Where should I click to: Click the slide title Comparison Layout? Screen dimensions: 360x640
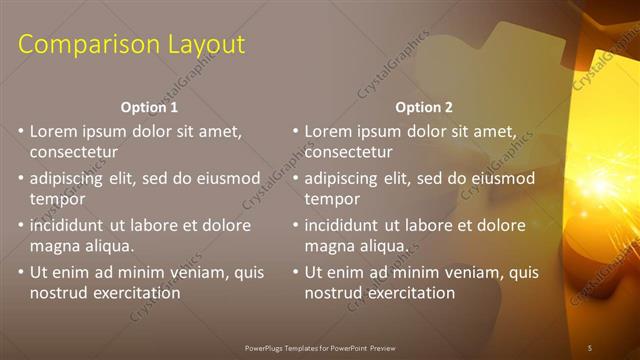click(x=131, y=45)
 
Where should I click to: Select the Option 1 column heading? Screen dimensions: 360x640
click(x=150, y=106)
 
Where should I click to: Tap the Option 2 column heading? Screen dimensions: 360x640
click(x=424, y=106)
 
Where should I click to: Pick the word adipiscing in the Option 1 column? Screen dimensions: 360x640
click(x=71, y=178)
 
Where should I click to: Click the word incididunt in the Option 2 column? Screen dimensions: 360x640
click(x=346, y=225)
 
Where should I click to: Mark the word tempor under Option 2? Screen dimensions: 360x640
click(x=332, y=199)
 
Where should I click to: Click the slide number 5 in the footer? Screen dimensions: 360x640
click(x=589, y=347)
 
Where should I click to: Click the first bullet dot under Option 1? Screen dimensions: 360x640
click(x=21, y=131)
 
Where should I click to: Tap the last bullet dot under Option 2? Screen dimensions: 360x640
click(x=296, y=272)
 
